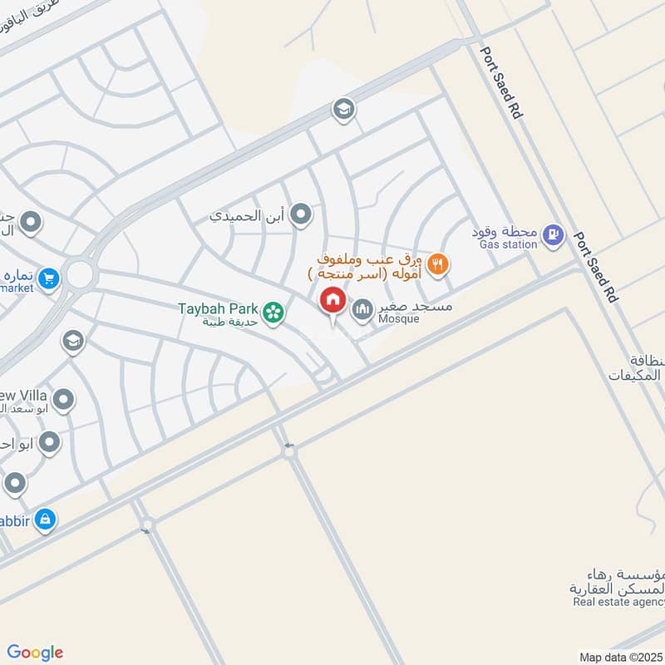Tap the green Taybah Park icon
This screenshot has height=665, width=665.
coord(271,313)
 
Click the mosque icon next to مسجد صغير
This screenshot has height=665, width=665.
coord(362,311)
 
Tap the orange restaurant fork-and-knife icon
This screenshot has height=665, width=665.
coord(439,265)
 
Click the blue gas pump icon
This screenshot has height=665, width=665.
coord(551,236)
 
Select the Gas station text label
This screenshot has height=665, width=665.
coord(508,245)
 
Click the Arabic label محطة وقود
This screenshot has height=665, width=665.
coord(504,231)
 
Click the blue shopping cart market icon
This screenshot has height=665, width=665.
coord(49,278)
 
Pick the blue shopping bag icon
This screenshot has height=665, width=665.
coord(45,520)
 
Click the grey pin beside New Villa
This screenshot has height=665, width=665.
coord(64,400)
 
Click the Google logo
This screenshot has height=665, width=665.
coord(35,653)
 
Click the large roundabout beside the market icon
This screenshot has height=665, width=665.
coord(80,273)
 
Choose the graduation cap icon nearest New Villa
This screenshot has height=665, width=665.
coord(73,342)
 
